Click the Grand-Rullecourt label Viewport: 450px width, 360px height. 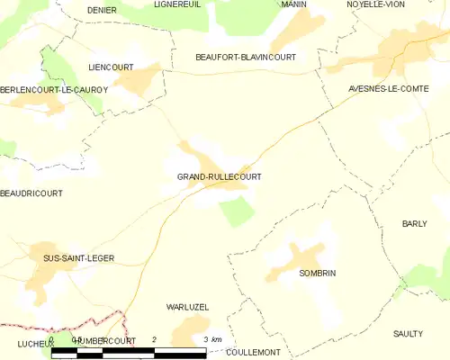click(x=220, y=176)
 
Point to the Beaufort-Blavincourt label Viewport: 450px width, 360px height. click(x=246, y=57)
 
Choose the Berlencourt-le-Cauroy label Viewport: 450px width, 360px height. click(x=54, y=89)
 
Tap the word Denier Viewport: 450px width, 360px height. click(x=103, y=9)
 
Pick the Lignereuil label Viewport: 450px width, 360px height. click(x=177, y=4)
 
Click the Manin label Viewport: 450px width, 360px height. click(x=293, y=4)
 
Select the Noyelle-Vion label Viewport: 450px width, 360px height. click(x=376, y=4)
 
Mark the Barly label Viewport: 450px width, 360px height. click(x=414, y=223)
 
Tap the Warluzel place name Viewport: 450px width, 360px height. click(x=188, y=307)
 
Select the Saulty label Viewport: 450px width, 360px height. click(x=408, y=333)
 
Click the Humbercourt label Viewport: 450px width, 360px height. click(x=105, y=342)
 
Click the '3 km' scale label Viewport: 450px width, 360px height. click(x=213, y=338)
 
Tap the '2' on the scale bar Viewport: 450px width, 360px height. click(x=155, y=338)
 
